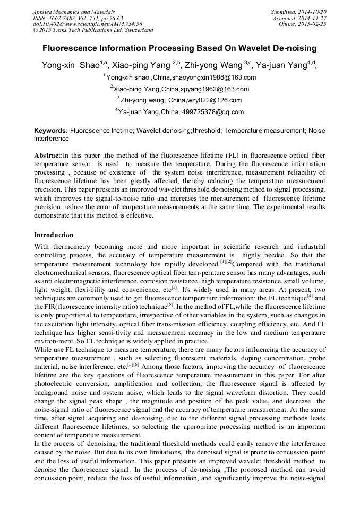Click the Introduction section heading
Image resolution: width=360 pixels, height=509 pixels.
[x=54, y=235]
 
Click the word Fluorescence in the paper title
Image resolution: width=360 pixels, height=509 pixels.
[x=76, y=48]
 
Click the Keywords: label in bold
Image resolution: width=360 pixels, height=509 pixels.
[x=51, y=130]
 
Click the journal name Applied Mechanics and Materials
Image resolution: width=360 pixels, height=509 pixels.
[x=74, y=12]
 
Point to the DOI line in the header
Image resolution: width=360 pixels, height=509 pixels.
[x=88, y=24]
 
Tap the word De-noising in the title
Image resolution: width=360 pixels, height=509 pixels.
[x=294, y=48]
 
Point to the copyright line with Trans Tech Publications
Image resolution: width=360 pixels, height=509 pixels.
[x=93, y=30]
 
